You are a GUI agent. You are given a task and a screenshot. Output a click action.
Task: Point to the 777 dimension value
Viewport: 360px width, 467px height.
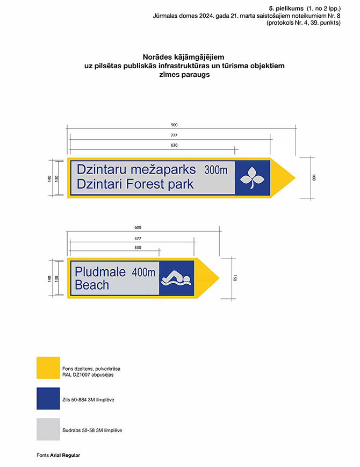pos(174,135)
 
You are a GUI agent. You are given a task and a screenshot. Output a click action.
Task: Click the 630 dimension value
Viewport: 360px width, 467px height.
pos(174,146)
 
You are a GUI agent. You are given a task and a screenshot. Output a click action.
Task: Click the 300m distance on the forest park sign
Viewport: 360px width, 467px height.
pos(216,170)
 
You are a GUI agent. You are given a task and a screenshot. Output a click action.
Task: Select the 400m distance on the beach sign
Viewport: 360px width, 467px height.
pos(143,272)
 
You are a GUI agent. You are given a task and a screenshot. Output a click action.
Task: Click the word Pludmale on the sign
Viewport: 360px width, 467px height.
pos(100,272)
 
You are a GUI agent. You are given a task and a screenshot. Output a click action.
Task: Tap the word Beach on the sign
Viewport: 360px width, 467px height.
pos(92,285)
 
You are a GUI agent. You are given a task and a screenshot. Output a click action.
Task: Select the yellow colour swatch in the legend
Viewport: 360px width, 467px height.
pos(48,368)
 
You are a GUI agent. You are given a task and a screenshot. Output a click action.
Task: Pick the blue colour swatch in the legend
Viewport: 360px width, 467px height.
pos(48,399)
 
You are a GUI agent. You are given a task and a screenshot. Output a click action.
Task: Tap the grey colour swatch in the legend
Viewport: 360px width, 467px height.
pos(48,430)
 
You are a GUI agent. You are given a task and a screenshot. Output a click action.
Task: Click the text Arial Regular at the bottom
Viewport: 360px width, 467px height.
pos(65,455)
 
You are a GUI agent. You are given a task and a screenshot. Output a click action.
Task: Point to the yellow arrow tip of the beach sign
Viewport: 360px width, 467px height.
pos(212,278)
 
